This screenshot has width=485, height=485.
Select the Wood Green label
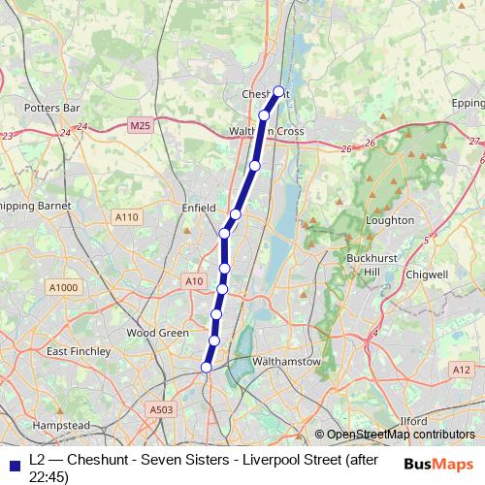(x=156, y=332)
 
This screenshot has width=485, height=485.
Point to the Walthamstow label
(x=285, y=361)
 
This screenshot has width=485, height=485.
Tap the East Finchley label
(x=76, y=351)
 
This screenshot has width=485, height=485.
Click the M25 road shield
(x=140, y=125)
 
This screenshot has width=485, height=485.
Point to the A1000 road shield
(x=62, y=286)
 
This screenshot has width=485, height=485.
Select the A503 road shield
(x=162, y=410)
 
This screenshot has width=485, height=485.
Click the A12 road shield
(x=462, y=370)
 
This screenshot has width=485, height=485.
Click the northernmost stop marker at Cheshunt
(x=278, y=91)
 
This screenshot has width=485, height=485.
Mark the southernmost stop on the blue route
(x=206, y=367)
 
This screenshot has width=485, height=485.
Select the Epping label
(x=468, y=103)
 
